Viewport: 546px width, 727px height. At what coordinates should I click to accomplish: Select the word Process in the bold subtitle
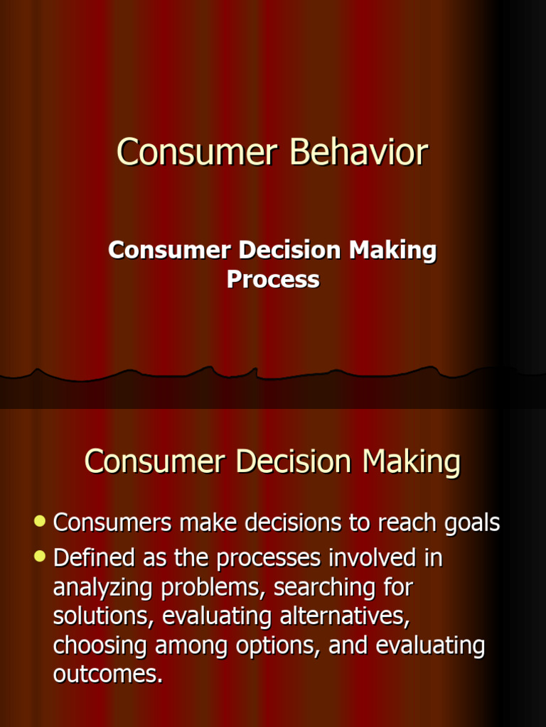point(273,280)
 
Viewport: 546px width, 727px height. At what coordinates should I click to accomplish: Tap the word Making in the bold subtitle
point(393,250)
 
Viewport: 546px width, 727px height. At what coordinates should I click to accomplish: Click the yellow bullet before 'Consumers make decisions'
point(41,523)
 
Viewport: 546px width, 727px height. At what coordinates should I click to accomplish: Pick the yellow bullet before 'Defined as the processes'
point(41,557)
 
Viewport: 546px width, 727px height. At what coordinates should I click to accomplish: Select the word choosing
point(101,646)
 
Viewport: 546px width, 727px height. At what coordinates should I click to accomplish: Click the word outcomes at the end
point(107,675)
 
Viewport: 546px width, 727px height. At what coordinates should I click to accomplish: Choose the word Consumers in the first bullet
point(112,523)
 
